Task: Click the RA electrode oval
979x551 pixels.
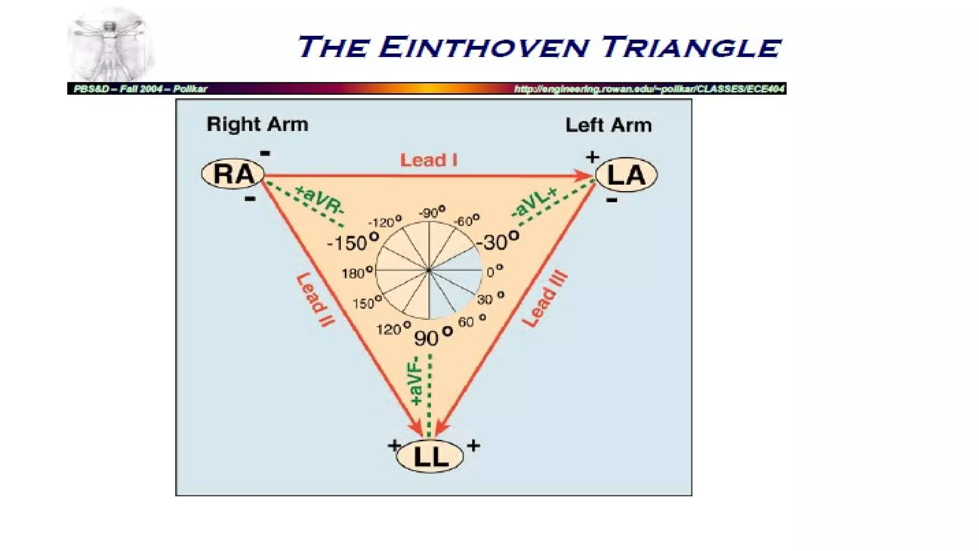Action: pos(233,174)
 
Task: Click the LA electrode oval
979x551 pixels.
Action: pos(626,175)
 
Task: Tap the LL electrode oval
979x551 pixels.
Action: pos(430,456)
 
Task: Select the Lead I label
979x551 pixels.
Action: pos(429,160)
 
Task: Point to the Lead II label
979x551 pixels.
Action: pos(315,300)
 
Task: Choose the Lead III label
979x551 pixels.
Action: pos(544,300)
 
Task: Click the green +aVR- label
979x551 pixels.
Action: pos(319,200)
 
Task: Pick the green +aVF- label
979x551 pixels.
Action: pos(416,381)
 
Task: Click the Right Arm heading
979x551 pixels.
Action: pos(257,124)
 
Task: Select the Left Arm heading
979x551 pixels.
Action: pos(609,125)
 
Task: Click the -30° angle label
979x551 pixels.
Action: pos(498,241)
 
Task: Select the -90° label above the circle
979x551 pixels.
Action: pos(432,212)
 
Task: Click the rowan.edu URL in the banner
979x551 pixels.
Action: pos(649,89)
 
